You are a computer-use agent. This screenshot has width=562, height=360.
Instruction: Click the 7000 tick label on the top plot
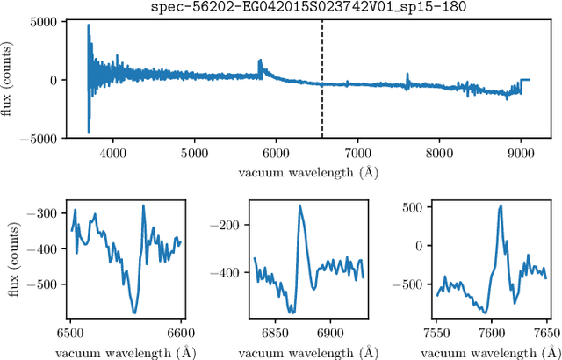[357, 151]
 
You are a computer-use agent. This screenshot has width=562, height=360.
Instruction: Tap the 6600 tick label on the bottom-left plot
[180, 334]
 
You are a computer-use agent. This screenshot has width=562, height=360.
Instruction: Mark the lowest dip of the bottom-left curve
[134, 312]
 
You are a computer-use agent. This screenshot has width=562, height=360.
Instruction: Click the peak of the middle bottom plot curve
[299, 206]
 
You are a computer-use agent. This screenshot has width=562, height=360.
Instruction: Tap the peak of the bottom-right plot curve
[501, 206]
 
